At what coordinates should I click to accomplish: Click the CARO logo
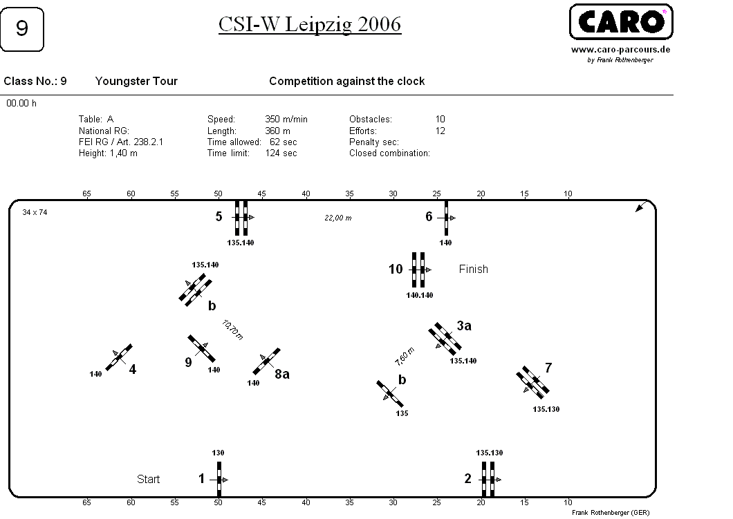pos(621,21)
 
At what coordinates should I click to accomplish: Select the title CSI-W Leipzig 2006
pos(310,24)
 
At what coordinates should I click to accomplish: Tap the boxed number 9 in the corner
pos(22,29)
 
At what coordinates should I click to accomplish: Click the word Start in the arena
pos(148,480)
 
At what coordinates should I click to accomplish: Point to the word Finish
pos(473,269)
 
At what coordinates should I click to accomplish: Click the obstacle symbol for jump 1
pos(219,480)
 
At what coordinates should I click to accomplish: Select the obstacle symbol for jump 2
pos(488,480)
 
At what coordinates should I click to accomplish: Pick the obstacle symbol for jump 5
pos(242,218)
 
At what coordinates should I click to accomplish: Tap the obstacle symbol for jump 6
pos(447,218)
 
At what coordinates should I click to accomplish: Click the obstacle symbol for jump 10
pos(419,270)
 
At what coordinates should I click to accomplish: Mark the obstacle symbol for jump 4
pos(119,357)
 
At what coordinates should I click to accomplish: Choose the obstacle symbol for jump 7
pos(532,382)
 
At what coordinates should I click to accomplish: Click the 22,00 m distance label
pos(338,218)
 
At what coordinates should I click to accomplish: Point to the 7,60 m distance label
pos(405,357)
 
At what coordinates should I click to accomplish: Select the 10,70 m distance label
pos(232,330)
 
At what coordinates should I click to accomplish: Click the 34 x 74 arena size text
pos(35,213)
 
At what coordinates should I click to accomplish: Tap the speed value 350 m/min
pos(286,119)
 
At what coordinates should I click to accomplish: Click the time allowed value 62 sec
pos(284,142)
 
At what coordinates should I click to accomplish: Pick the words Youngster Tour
pos(136,82)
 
